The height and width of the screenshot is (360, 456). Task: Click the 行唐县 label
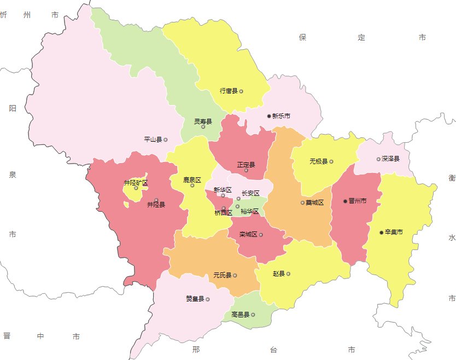coord(228,91)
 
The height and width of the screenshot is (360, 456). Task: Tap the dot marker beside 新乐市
coord(269,116)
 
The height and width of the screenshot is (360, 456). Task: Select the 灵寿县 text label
coord(203,121)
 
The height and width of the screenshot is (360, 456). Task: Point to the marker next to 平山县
coord(166,140)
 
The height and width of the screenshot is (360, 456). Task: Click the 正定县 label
coord(246,164)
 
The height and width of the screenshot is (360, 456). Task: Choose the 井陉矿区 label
coord(136,183)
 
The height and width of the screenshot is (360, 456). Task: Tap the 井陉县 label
coord(156,205)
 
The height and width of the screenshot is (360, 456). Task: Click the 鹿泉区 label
coord(192,179)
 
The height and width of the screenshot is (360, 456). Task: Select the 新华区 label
coord(223,190)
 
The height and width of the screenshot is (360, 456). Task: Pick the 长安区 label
coord(250,193)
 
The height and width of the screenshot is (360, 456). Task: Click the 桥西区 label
coord(223,213)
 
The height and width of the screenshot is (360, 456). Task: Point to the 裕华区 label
coord(249,211)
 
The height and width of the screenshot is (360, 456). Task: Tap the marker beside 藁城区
coord(302,202)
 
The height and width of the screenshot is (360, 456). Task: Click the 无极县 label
coord(318,161)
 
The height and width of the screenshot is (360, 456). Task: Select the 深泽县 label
coord(390,159)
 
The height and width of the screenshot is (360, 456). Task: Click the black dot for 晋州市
coord(345,201)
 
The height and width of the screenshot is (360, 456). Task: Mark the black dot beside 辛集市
coord(382,233)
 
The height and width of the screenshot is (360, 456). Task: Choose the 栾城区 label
coord(248,235)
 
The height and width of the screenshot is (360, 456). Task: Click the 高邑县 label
coord(240,315)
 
